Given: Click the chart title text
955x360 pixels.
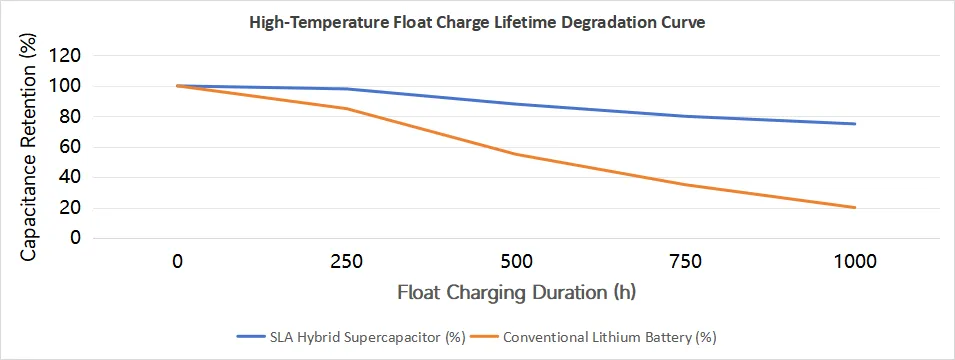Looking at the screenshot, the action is coord(477,24).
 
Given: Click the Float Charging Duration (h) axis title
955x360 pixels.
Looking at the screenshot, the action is coord(516,292).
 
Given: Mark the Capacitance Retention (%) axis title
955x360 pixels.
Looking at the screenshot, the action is coord(29,147).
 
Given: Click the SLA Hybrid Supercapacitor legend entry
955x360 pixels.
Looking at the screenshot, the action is coord(351,337).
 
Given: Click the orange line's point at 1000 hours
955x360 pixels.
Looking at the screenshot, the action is coord(855,208).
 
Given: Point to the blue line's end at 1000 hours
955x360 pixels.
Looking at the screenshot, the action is coord(855,124).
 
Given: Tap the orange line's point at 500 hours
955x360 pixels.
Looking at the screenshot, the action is coord(516,154).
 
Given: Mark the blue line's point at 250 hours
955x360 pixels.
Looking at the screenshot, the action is coord(347,89).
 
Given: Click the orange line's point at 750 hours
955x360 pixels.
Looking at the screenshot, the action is coord(686,185).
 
